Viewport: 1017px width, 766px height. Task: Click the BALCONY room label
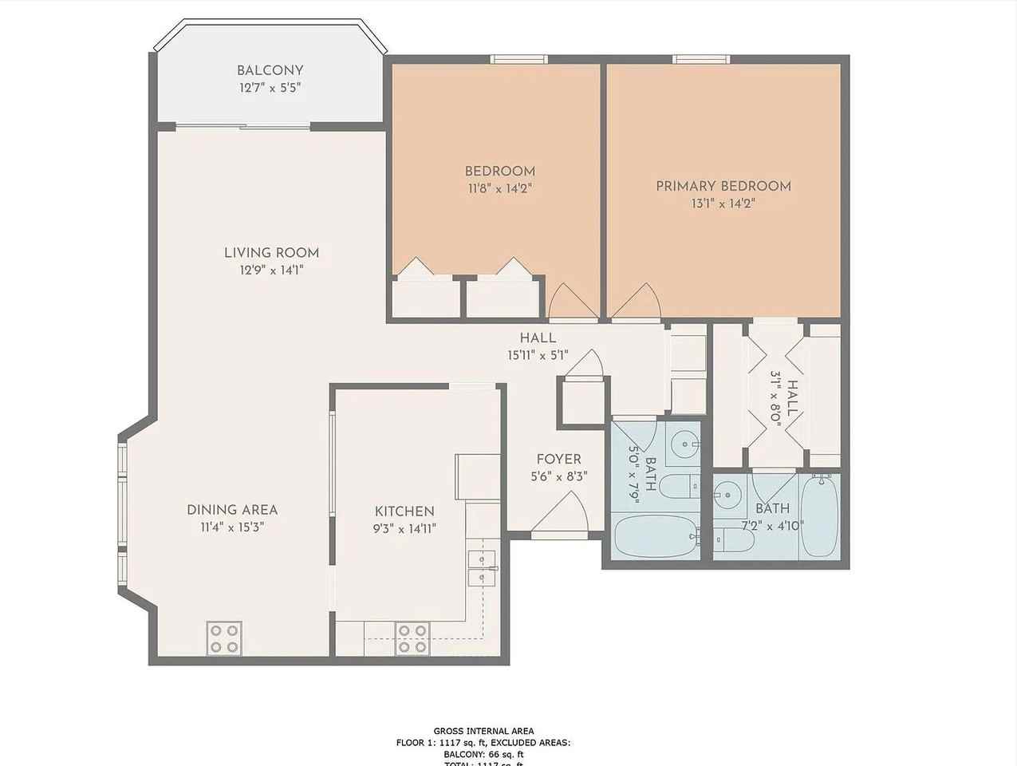(x=270, y=70)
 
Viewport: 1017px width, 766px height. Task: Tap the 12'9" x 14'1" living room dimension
(x=271, y=270)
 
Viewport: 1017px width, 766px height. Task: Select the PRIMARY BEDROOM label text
(x=723, y=186)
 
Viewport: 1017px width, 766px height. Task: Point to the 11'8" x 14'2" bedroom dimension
(x=499, y=189)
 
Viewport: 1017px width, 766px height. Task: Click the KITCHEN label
(x=404, y=511)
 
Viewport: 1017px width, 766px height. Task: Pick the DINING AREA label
(x=232, y=509)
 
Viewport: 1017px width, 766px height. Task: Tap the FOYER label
(x=558, y=459)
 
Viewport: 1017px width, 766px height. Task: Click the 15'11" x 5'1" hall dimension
(x=538, y=355)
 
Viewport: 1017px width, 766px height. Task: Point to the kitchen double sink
(x=481, y=567)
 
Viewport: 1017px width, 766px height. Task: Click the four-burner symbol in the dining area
(x=223, y=638)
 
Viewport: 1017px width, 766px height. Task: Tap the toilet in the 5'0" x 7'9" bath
(x=681, y=484)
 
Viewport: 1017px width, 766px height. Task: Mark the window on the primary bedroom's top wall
(x=700, y=59)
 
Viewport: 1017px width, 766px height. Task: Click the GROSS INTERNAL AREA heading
(x=483, y=730)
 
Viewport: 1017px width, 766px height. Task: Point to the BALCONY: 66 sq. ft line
(x=483, y=754)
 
